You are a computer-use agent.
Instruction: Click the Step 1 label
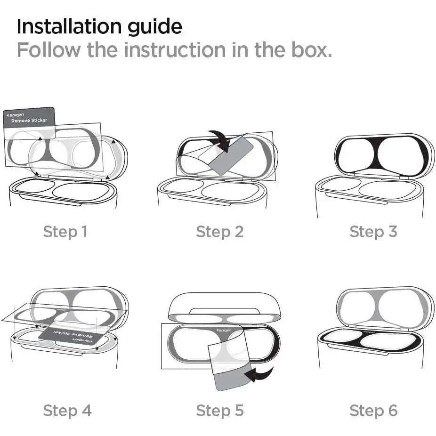(65, 232)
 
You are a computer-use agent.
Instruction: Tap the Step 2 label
(220, 232)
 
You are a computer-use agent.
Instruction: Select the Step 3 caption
(373, 232)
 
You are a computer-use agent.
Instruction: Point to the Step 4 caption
(67, 411)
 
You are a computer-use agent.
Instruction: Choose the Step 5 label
(220, 411)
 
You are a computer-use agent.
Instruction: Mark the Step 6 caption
(373, 411)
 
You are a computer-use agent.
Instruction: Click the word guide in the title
(156, 27)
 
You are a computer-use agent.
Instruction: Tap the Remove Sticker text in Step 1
(29, 121)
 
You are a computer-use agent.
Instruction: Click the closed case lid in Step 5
(224, 304)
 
